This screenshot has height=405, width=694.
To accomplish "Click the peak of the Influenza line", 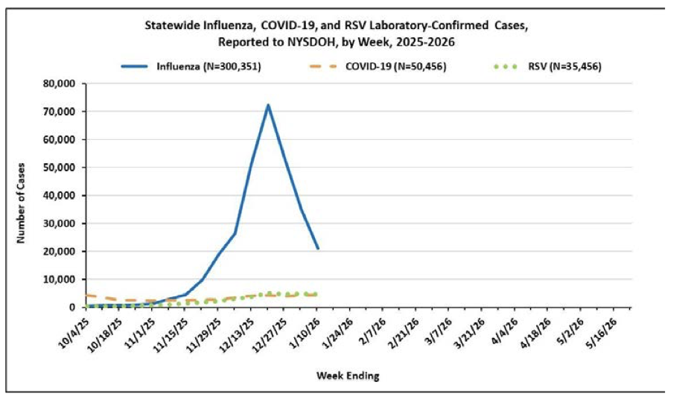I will [x=267, y=105].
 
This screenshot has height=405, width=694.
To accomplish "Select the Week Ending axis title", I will [x=348, y=376].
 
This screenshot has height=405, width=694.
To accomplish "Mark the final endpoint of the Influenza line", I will [x=318, y=248].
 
